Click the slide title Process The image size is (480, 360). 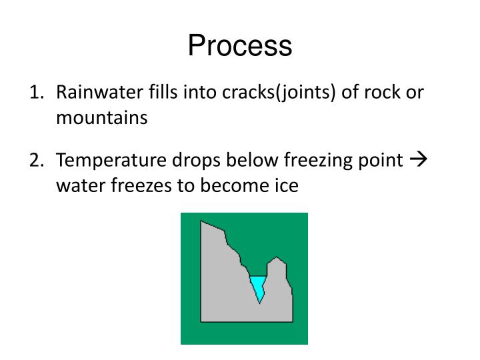point(239,46)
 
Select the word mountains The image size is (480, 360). point(101,118)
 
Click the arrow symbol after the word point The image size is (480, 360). point(419,160)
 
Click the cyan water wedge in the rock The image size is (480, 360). point(258,285)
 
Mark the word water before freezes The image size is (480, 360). point(78,185)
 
